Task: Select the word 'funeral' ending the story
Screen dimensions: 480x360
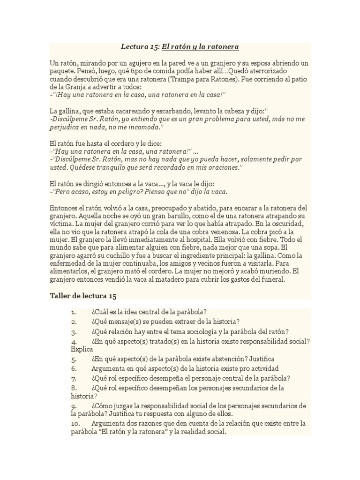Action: pos(278,280)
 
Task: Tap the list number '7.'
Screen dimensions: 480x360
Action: pos(74,378)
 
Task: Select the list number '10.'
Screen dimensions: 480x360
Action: pos(76,423)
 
